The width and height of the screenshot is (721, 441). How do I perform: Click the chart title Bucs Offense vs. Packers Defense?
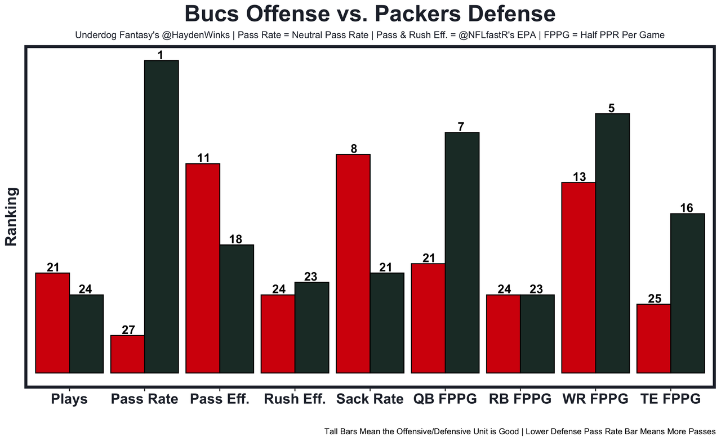pos(370,14)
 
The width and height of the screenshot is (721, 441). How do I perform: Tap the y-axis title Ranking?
pos(11,217)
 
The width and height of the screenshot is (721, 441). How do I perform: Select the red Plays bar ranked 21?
pos(52,323)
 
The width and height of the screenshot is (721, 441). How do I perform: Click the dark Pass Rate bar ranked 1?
pos(162,216)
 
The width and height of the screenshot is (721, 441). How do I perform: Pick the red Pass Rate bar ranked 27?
pos(128,354)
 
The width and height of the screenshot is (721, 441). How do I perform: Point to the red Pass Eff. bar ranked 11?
pos(203,268)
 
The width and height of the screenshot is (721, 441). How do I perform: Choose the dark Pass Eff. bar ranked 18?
pos(237,309)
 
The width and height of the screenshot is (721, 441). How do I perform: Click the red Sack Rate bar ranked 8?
pos(353,263)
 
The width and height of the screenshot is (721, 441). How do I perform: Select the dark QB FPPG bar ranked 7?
pos(462,252)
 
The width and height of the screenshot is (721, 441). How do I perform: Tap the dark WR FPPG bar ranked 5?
pos(612,243)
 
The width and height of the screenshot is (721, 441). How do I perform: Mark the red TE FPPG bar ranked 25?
pos(654,338)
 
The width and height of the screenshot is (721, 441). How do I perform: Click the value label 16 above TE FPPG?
pos(687,207)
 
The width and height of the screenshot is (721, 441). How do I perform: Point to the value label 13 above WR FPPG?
pos(579,177)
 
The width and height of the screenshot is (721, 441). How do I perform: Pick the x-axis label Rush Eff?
pos(295,399)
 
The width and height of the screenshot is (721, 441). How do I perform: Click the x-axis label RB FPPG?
pos(520,399)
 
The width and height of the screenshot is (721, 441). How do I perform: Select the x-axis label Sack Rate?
pos(370,399)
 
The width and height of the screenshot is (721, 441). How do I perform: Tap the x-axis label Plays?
pos(69,399)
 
